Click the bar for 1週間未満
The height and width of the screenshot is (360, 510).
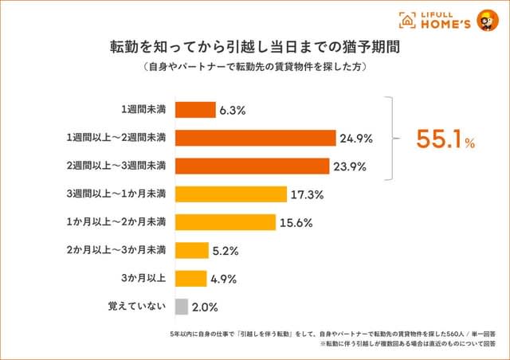(x=194, y=110)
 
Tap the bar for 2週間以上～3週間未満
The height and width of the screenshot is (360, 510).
(x=251, y=166)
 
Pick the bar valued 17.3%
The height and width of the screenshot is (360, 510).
(x=230, y=194)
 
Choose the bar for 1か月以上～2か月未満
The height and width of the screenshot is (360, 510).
(x=225, y=222)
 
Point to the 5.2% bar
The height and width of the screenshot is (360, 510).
(x=191, y=250)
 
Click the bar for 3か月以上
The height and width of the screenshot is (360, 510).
(x=190, y=278)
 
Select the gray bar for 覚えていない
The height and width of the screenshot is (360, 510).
(x=181, y=306)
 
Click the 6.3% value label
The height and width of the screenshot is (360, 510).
(x=234, y=110)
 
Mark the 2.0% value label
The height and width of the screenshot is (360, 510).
(x=206, y=306)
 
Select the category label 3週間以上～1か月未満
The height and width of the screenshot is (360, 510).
(x=116, y=194)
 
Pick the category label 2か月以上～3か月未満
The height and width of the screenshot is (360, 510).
(x=116, y=250)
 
